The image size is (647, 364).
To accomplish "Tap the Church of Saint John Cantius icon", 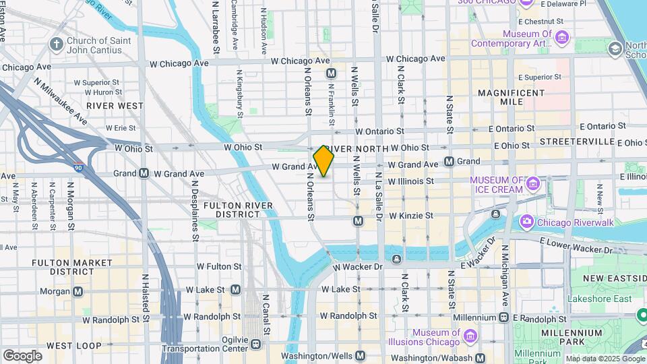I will [x=56, y=44].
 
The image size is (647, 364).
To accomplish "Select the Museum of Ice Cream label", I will [x=496, y=185].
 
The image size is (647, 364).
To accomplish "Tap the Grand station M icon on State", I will [x=449, y=162].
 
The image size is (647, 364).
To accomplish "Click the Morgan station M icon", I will [x=78, y=291].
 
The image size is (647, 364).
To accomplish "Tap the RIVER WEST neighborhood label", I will [x=115, y=106].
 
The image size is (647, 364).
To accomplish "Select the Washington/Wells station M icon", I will [x=360, y=355].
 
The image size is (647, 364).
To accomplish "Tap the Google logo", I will [x=22, y=355].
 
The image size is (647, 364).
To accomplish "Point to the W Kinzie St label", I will [x=410, y=216].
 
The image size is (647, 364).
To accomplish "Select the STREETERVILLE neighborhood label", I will [x=573, y=143].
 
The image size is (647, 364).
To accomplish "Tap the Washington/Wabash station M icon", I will [x=480, y=358].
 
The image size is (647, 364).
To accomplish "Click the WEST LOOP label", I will [x=69, y=346].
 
